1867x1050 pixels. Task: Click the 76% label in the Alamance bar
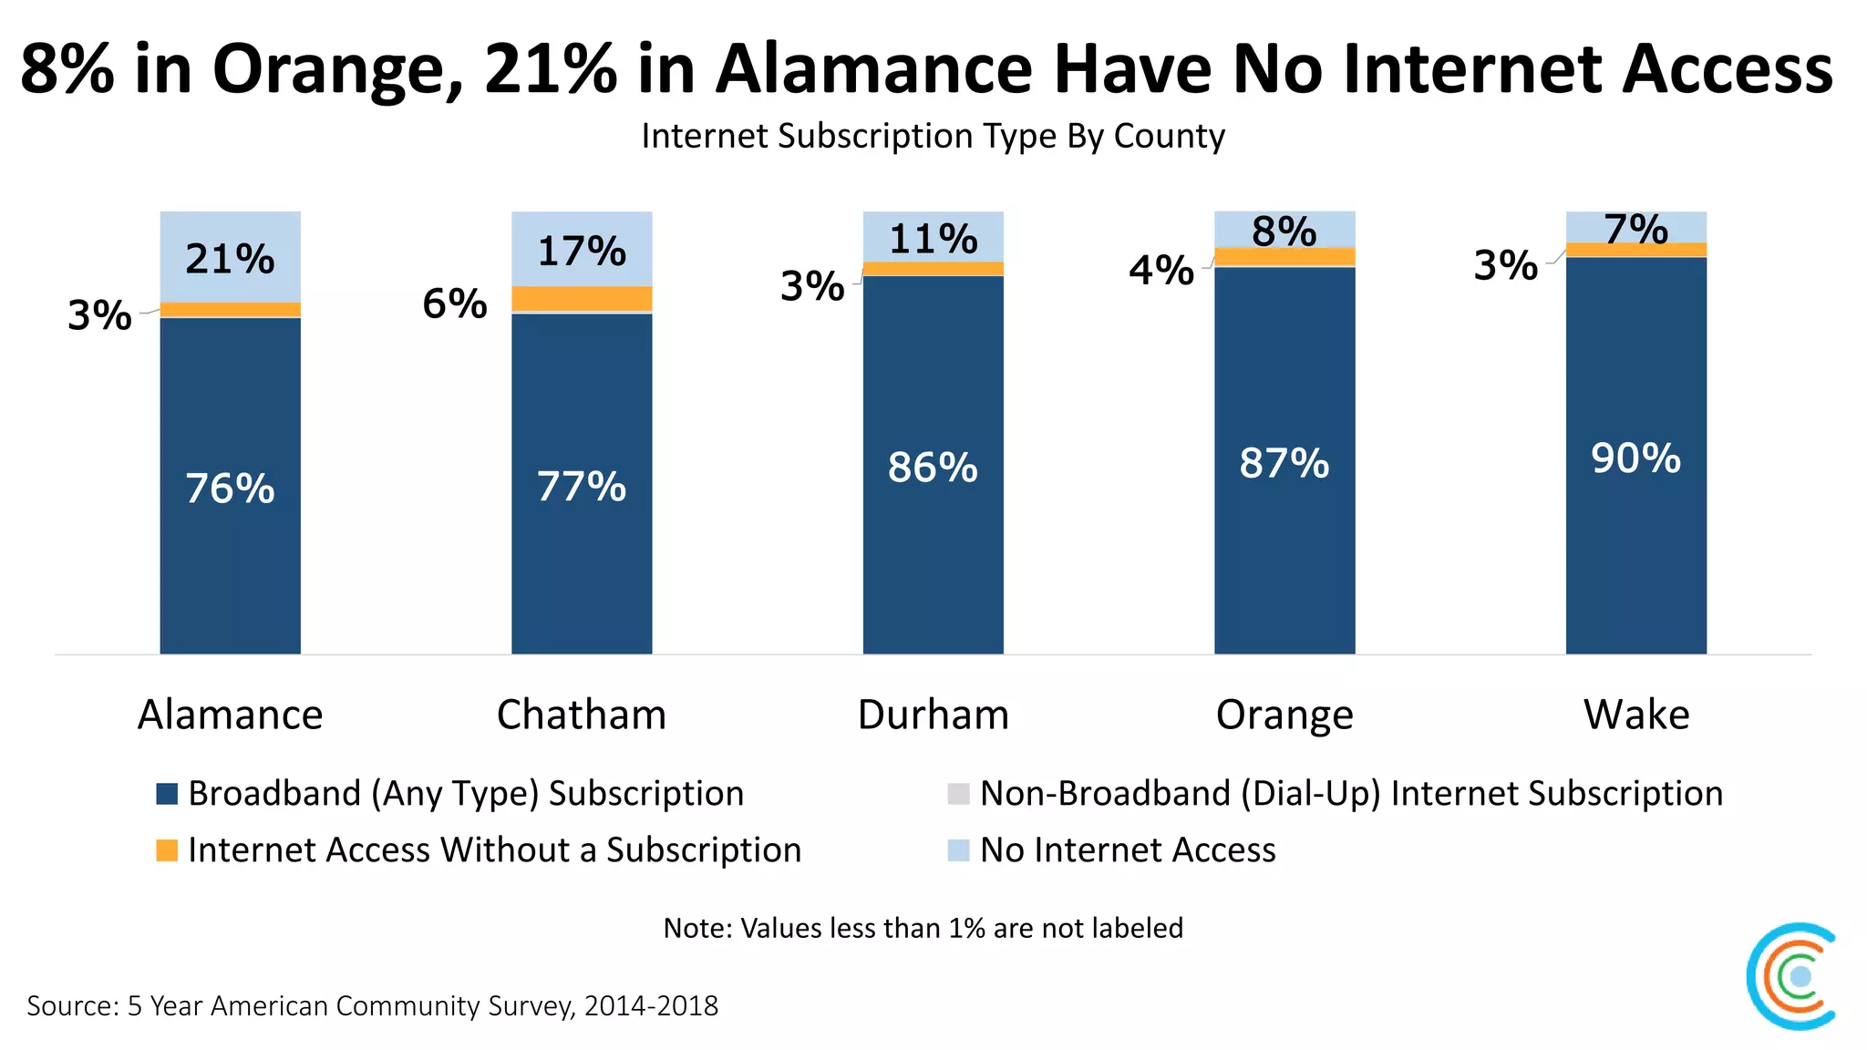pos(230,489)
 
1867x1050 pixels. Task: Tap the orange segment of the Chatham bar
pos(582,298)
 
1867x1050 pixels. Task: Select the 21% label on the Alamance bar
pos(230,259)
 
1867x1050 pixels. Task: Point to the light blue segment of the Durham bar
pos(933,235)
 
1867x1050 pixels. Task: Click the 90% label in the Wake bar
pos(1635,458)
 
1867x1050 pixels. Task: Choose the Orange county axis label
pos(1284,715)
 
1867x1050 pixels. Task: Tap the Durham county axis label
pos(933,715)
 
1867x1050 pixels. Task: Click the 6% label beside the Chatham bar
pos(454,304)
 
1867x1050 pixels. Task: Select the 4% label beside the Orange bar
pos(1160,271)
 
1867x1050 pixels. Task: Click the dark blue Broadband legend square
pos(167,794)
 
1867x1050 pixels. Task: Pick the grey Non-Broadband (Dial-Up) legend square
pos(958,794)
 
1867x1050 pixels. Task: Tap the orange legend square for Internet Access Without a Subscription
pos(167,850)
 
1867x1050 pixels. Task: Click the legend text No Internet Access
pos(1127,850)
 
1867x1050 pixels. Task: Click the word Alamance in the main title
pos(873,69)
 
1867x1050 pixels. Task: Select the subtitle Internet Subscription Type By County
pos(933,136)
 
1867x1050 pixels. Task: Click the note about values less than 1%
pos(923,928)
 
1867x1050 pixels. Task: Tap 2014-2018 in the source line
pos(651,1006)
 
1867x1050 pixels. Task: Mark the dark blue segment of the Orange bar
pos(1284,547)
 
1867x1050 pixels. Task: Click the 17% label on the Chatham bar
pos(582,251)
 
